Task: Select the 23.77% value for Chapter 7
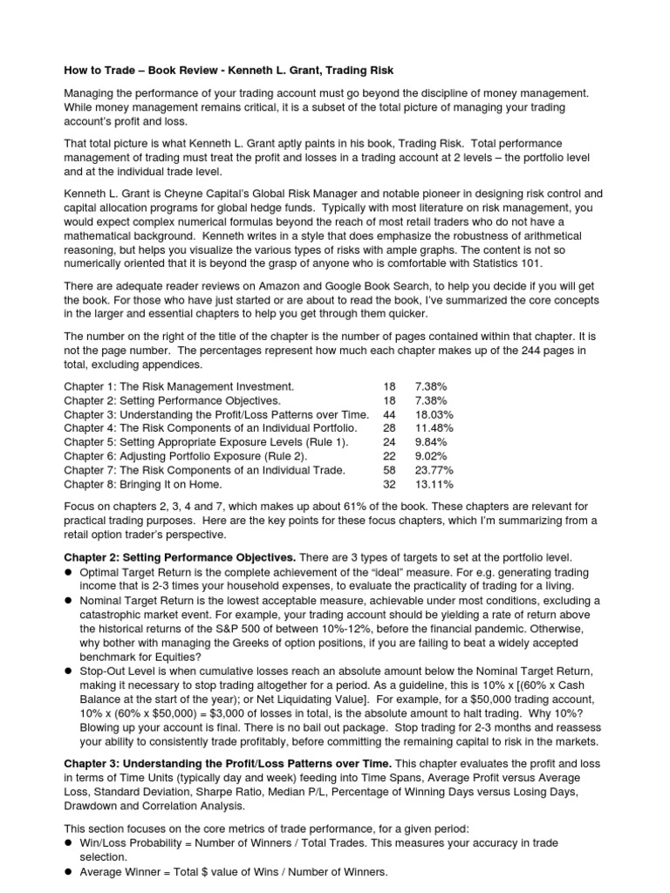click(x=435, y=469)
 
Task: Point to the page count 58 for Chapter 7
click(x=389, y=469)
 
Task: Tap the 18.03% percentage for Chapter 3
click(x=435, y=413)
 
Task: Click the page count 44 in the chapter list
click(x=389, y=413)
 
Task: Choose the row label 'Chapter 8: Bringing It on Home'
click(x=143, y=483)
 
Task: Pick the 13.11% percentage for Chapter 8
click(x=435, y=483)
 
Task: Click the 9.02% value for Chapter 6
click(x=433, y=455)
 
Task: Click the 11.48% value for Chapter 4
click(x=435, y=427)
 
